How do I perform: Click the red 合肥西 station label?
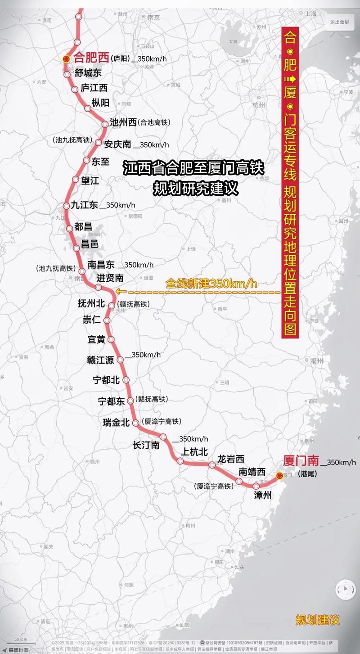(91, 58)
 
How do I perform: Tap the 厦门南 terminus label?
(301, 460)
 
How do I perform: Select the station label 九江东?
(84, 205)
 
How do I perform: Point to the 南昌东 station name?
(101, 265)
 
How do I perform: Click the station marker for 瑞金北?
(135, 422)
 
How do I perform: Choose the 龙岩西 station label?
(230, 459)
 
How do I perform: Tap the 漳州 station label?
(263, 496)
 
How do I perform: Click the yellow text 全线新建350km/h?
(211, 284)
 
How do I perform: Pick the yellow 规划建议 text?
(317, 620)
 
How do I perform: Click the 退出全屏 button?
(340, 22)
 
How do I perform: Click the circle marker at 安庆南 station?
(99, 142)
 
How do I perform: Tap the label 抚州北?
(91, 304)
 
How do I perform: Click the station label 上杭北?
(194, 451)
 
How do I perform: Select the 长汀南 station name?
(146, 445)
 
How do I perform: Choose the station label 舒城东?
(88, 73)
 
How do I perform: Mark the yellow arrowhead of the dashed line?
(118, 291)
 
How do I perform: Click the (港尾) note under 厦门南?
(306, 474)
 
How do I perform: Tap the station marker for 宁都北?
(126, 380)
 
